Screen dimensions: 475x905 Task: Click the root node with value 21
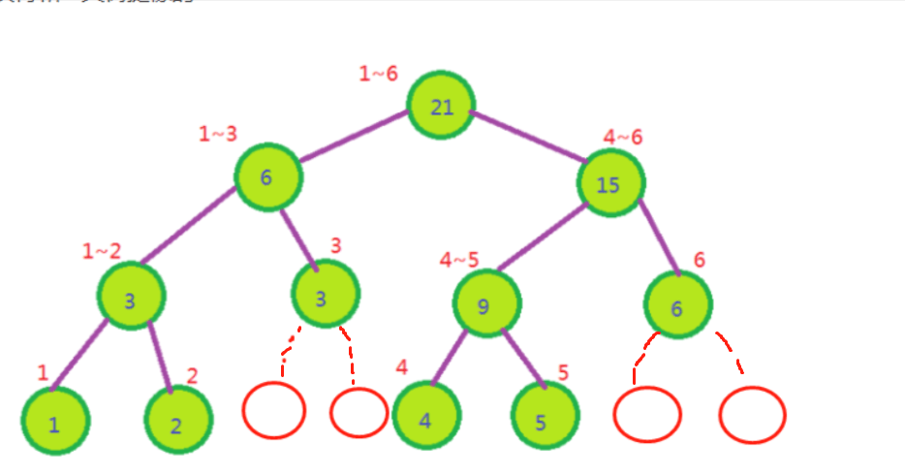click(442, 106)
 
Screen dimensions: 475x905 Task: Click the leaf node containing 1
click(55, 422)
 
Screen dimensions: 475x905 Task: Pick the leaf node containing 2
click(177, 422)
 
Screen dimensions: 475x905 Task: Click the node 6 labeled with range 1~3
click(267, 176)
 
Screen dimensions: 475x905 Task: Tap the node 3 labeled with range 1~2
click(131, 297)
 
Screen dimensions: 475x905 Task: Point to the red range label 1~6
click(378, 73)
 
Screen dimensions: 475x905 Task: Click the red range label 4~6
click(623, 137)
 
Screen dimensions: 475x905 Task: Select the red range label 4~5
click(459, 260)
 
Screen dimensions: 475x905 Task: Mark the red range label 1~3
click(218, 134)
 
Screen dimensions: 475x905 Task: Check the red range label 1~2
click(102, 251)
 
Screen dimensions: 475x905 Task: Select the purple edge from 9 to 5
click(522, 359)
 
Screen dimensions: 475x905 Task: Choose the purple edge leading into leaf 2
click(160, 358)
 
